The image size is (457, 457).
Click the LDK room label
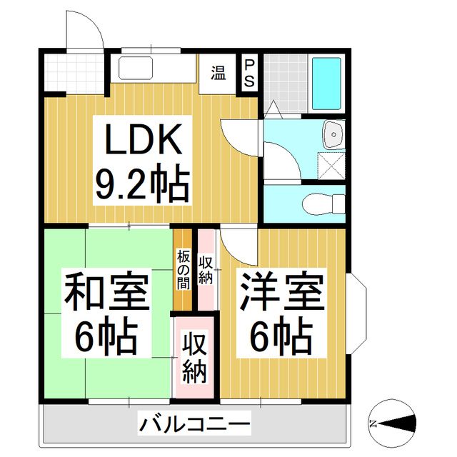click(143, 141)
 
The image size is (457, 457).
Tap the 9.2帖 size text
click(143, 184)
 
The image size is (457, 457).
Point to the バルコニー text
click(194, 426)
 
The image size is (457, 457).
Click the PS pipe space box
click(249, 72)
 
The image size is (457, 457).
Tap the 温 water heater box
click(218, 72)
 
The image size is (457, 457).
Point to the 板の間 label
click(184, 268)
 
